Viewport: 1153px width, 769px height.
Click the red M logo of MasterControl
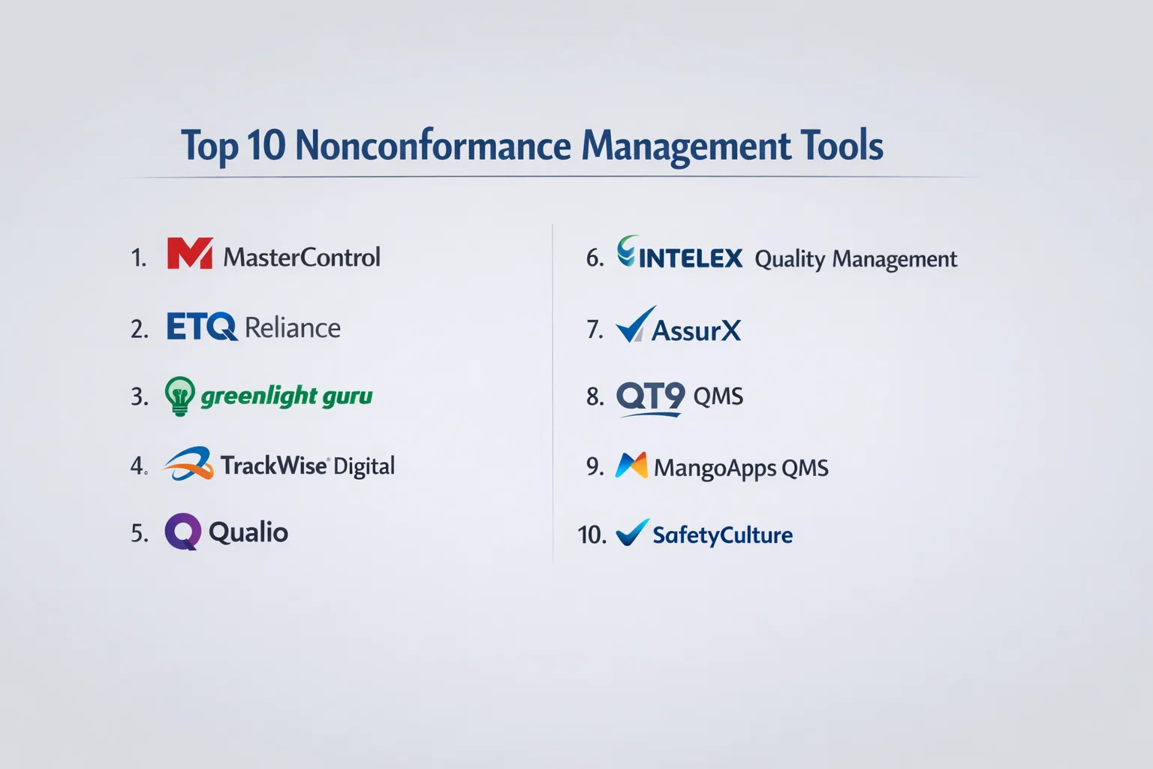tap(190, 253)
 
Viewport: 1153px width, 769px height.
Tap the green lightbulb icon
tap(179, 396)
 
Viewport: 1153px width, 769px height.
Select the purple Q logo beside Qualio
tap(182, 532)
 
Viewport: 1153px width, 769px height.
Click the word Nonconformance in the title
tap(433, 145)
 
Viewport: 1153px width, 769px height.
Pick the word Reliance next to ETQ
tap(292, 327)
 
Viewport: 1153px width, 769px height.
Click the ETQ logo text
tap(202, 326)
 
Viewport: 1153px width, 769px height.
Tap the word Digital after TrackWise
tap(364, 466)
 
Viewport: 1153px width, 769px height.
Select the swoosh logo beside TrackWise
tap(188, 463)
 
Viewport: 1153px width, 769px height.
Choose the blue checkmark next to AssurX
tap(636, 324)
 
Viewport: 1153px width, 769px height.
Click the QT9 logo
tap(651, 398)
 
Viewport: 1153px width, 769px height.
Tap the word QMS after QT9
tap(718, 397)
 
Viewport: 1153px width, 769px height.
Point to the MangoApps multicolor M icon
tap(631, 465)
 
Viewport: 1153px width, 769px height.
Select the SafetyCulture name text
tap(723, 535)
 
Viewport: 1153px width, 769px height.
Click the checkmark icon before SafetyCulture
tap(633, 532)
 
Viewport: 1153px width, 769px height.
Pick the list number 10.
tap(592, 535)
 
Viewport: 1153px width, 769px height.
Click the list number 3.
tap(139, 397)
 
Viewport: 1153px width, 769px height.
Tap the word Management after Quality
tap(895, 259)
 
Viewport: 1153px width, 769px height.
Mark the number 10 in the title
tap(266, 145)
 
